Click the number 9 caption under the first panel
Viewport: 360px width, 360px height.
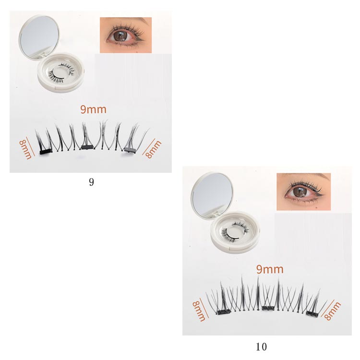coord(91,182)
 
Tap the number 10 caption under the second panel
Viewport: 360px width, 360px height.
coord(261,347)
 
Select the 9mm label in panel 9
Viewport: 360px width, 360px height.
coord(93,109)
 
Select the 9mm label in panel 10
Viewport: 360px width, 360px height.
coord(270,269)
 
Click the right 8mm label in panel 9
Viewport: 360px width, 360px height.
coord(154,149)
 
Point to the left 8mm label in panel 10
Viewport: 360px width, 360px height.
coord(199,311)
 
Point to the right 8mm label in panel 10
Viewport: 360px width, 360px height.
coord(332,311)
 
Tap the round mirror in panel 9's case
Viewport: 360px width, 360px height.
coord(39,37)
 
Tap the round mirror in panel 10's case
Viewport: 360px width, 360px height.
coord(212,195)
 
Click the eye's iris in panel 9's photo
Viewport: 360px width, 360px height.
coord(120,36)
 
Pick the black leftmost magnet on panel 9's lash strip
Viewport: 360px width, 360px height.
coord(46,152)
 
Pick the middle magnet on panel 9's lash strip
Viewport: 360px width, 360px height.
coord(86,147)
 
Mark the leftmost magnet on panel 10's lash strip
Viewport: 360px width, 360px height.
coord(224,312)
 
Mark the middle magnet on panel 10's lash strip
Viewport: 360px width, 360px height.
coord(268,308)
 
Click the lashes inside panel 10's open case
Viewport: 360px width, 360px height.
coord(235,231)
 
